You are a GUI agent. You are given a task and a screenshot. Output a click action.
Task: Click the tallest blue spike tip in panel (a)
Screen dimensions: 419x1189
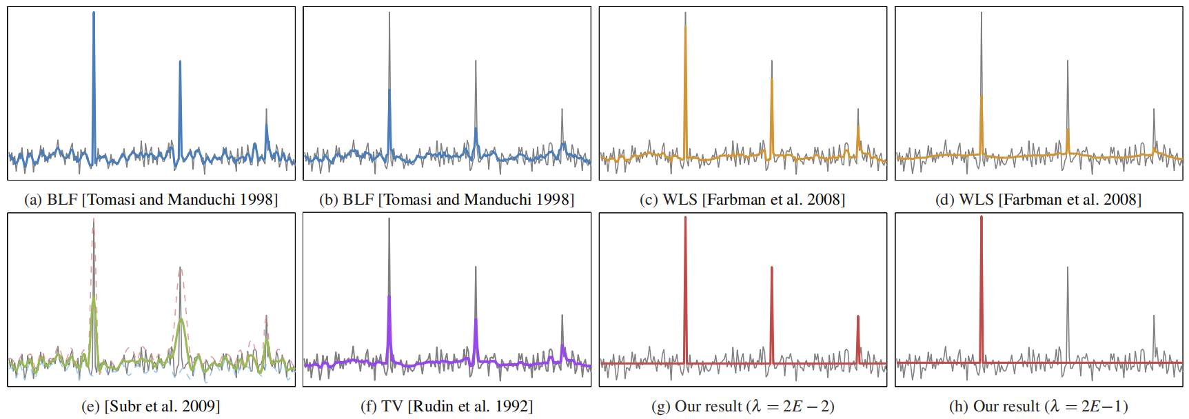(x=94, y=13)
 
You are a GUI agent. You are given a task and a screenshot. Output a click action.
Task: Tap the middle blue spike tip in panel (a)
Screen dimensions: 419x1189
(x=180, y=62)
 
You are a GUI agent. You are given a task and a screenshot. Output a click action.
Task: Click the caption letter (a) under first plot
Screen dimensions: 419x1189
(x=32, y=200)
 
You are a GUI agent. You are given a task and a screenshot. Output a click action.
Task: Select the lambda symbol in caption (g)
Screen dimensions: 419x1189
(x=756, y=407)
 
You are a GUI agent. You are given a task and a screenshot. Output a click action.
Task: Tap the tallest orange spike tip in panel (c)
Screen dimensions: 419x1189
(x=685, y=26)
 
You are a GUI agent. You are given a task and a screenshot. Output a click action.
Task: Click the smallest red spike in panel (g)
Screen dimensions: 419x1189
(x=858, y=317)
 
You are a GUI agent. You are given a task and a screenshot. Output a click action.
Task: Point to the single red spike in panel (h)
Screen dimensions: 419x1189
(x=982, y=218)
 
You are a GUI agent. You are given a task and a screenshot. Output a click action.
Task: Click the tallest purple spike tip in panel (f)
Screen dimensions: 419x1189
(x=389, y=296)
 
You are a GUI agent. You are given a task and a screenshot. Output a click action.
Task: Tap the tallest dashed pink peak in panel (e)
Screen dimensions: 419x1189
(x=94, y=221)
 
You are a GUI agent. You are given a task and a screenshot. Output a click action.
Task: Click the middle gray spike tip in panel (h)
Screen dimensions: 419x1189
(x=1068, y=268)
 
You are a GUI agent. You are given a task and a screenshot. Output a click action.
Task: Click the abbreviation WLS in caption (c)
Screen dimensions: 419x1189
(x=679, y=200)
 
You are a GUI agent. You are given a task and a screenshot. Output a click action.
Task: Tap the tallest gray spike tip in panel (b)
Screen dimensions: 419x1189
(x=389, y=13)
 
